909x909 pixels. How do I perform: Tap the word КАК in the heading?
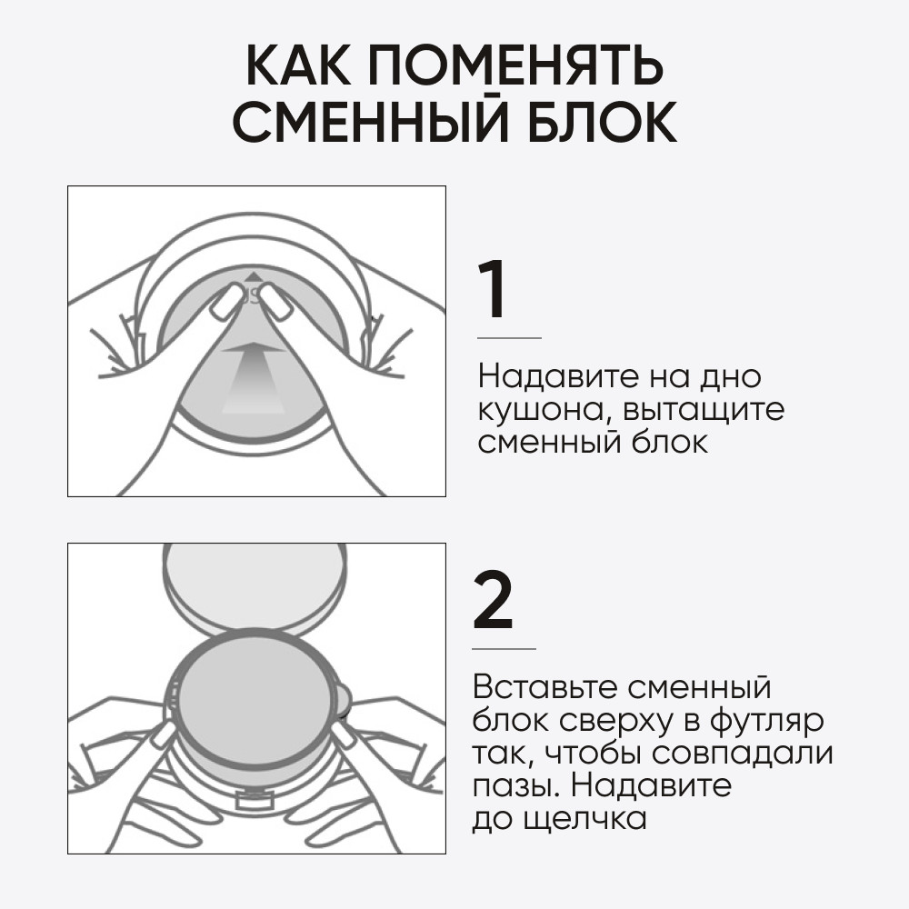click(x=298, y=65)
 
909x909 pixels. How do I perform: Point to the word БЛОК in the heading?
click(x=602, y=122)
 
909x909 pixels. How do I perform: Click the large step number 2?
click(x=493, y=600)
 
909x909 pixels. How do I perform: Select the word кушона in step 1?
click(x=540, y=411)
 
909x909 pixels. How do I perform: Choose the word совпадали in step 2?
click(x=743, y=754)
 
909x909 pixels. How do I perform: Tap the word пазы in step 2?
click(x=517, y=787)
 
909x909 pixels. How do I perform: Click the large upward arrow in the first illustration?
click(x=254, y=377)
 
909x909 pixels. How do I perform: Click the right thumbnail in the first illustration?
click(x=276, y=300)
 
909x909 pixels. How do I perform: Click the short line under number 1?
click(x=509, y=338)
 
